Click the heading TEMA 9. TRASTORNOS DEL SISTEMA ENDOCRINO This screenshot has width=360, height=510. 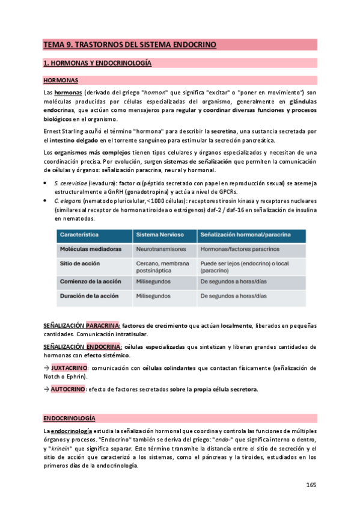click(x=129, y=45)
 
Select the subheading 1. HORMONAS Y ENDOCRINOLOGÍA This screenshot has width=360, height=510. click(x=97, y=63)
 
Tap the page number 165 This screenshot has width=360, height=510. click(x=311, y=485)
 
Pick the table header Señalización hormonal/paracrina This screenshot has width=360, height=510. click(x=245, y=234)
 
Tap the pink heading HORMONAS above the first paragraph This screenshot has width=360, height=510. click(x=61, y=80)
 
